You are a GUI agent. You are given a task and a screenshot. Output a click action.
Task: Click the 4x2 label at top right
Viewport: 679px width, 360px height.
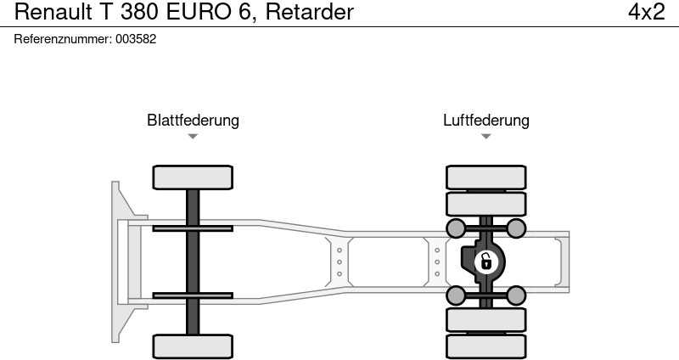click(x=646, y=12)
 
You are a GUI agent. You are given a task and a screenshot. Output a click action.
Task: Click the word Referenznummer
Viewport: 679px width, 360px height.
click(x=63, y=39)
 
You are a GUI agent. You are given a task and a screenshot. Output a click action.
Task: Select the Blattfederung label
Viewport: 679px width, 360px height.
click(x=193, y=120)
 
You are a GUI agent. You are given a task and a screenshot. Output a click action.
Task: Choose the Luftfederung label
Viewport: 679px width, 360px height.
click(x=485, y=120)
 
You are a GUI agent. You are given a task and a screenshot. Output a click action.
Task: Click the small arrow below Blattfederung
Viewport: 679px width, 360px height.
click(x=193, y=136)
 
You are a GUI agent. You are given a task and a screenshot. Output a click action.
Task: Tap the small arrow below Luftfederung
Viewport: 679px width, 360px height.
click(x=485, y=136)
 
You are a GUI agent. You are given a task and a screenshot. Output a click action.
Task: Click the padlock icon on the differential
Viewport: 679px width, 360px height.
click(x=485, y=262)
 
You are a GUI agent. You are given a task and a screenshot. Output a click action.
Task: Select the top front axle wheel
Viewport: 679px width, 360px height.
click(x=193, y=177)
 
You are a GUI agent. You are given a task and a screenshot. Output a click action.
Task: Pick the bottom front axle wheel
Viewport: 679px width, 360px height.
click(x=193, y=346)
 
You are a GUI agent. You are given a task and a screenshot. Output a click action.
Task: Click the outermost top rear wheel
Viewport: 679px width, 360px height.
click(x=485, y=177)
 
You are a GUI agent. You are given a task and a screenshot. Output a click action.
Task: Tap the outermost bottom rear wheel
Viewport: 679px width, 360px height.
click(x=485, y=346)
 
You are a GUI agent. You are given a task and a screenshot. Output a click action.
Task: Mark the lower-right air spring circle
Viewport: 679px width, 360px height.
click(x=515, y=295)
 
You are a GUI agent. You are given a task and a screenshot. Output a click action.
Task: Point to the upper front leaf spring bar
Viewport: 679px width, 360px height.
click(x=193, y=228)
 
